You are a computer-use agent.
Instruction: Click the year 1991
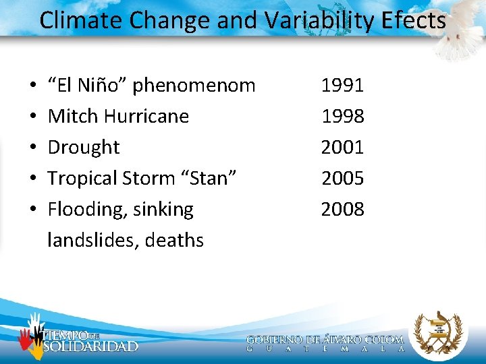click(x=342, y=86)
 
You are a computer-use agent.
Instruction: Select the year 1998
click(x=342, y=117)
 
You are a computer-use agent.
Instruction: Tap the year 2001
click(x=342, y=147)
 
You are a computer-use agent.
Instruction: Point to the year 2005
click(x=342, y=179)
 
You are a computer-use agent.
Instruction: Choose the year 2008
click(x=342, y=210)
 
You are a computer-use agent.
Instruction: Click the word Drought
click(x=84, y=148)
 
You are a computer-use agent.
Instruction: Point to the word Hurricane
click(x=146, y=117)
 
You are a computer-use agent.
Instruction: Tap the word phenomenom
click(x=194, y=86)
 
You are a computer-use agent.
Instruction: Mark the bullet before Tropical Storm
click(x=33, y=179)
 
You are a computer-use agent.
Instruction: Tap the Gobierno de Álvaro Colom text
click(x=325, y=340)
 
